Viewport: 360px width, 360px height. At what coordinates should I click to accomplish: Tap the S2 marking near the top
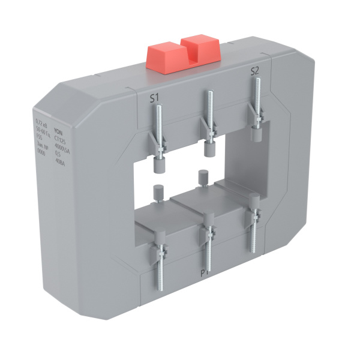click(x=254, y=71)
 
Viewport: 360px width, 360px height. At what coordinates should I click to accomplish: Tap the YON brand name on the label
click(x=58, y=131)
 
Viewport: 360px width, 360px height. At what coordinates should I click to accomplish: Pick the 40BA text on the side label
click(x=60, y=160)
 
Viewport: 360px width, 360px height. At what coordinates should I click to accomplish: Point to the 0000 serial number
click(x=41, y=152)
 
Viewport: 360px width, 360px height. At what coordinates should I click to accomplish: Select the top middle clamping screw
click(x=209, y=117)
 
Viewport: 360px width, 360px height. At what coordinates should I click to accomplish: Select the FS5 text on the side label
click(x=39, y=137)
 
